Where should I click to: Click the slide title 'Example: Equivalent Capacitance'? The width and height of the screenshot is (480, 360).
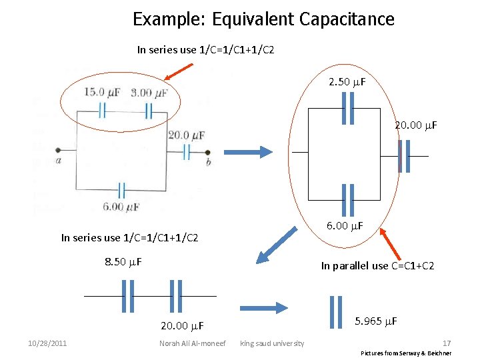click(263, 19)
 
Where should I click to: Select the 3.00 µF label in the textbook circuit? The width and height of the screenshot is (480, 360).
click(149, 93)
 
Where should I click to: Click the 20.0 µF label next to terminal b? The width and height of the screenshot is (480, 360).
click(187, 135)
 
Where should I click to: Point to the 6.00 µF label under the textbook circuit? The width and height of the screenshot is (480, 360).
click(121, 207)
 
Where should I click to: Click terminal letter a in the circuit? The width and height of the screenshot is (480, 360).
click(59, 160)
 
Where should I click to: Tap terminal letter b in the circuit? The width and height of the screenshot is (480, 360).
click(208, 161)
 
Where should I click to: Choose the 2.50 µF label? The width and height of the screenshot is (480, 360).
click(347, 82)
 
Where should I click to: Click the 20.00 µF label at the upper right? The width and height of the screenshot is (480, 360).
click(415, 125)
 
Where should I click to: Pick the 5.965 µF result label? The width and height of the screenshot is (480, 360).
click(376, 321)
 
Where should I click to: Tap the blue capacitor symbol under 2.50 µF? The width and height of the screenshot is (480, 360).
click(347, 109)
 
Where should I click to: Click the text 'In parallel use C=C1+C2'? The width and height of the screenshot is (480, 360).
click(377, 265)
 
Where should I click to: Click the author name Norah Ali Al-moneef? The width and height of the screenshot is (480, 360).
click(192, 343)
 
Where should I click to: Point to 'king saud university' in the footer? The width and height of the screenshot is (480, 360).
click(272, 343)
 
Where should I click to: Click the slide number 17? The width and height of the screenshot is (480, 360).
click(447, 342)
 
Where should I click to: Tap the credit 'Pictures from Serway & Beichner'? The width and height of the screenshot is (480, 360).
click(406, 353)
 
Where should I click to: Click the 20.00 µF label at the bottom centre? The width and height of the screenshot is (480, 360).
click(182, 326)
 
